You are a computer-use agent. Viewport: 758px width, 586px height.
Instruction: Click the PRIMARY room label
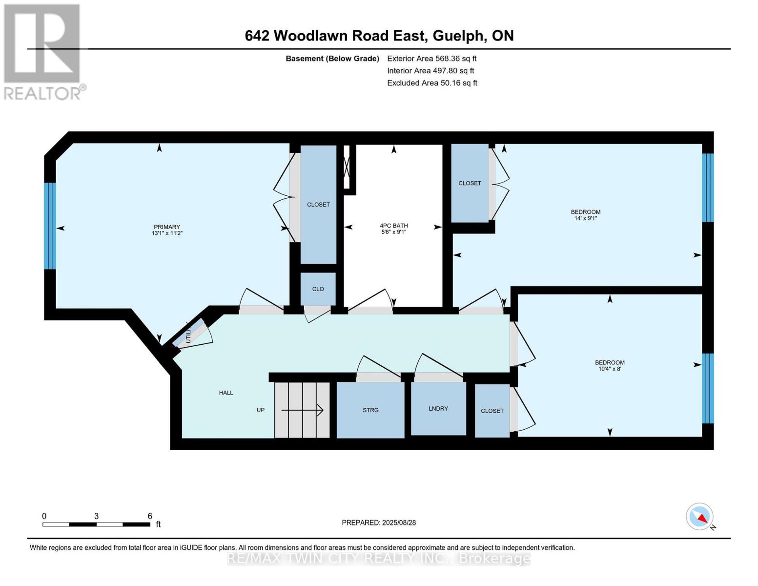pyautogui.click(x=167, y=227)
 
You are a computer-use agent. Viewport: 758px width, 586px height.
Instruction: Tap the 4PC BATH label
pyautogui.click(x=394, y=226)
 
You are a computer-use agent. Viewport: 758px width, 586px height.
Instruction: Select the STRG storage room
pyautogui.click(x=370, y=410)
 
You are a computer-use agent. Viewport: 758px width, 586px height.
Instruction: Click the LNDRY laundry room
pyautogui.click(x=438, y=408)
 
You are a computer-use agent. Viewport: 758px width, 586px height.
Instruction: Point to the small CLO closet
pyautogui.click(x=318, y=289)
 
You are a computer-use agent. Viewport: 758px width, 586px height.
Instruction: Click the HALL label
pyautogui.click(x=226, y=393)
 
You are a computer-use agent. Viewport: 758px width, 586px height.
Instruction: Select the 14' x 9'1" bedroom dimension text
pyautogui.click(x=586, y=218)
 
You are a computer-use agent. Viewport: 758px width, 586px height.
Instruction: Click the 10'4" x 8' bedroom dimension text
pyautogui.click(x=610, y=369)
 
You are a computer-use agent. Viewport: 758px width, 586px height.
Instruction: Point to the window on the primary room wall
pyautogui.click(x=50, y=226)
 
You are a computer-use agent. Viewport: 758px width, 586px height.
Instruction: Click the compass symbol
pyautogui.click(x=700, y=517)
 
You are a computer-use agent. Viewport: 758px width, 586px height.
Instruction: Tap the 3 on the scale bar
pyautogui.click(x=97, y=516)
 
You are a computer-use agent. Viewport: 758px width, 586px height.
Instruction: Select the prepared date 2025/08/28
pyautogui.click(x=399, y=523)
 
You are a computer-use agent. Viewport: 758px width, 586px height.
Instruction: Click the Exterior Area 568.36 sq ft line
pyautogui.click(x=431, y=59)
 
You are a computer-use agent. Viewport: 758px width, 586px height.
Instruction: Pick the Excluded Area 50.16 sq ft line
pyautogui.click(x=432, y=83)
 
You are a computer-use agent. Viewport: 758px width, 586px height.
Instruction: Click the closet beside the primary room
pyautogui.click(x=318, y=204)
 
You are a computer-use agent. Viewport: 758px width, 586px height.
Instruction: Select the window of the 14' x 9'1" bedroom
pyautogui.click(x=708, y=188)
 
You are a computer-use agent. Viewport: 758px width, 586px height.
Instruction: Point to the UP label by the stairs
pyautogui.click(x=261, y=410)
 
